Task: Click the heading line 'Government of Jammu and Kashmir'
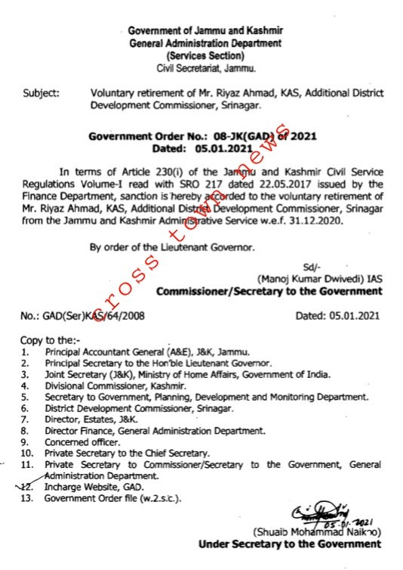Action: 205,31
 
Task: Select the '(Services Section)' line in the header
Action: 205,56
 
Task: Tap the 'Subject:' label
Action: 42,94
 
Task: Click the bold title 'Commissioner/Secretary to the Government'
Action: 268,291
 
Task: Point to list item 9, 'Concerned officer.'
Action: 80,441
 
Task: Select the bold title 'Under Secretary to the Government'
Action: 289,544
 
